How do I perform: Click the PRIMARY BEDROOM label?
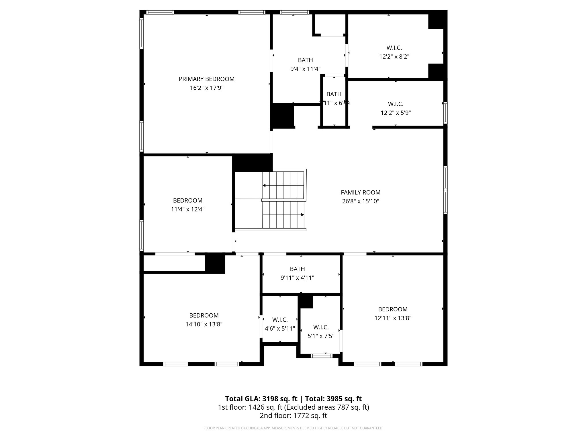click(x=206, y=79)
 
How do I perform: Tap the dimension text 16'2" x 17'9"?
click(x=206, y=88)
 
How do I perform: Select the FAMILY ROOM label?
click(x=361, y=192)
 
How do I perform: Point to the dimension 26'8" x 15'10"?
click(x=361, y=201)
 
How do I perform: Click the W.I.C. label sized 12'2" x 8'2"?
click(x=394, y=48)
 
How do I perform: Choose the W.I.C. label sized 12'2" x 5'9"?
click(x=396, y=104)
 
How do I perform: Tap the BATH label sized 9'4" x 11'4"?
click(x=305, y=60)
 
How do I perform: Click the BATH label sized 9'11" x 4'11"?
click(x=297, y=269)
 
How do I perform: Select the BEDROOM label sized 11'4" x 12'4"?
click(x=187, y=201)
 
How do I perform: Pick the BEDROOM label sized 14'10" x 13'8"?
click(x=204, y=315)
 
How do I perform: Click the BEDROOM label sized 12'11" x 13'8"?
click(x=393, y=309)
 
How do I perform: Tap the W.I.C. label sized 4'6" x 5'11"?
click(x=280, y=320)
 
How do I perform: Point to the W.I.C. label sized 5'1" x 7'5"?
click(x=321, y=327)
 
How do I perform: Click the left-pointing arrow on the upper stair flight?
click(x=264, y=185)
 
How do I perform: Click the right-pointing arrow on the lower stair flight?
click(x=302, y=215)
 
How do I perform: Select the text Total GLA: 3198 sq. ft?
click(x=261, y=399)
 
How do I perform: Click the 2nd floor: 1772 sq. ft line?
click(x=293, y=416)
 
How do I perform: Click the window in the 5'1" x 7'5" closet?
click(x=321, y=356)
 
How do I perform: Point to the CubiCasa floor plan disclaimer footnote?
click(x=293, y=428)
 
